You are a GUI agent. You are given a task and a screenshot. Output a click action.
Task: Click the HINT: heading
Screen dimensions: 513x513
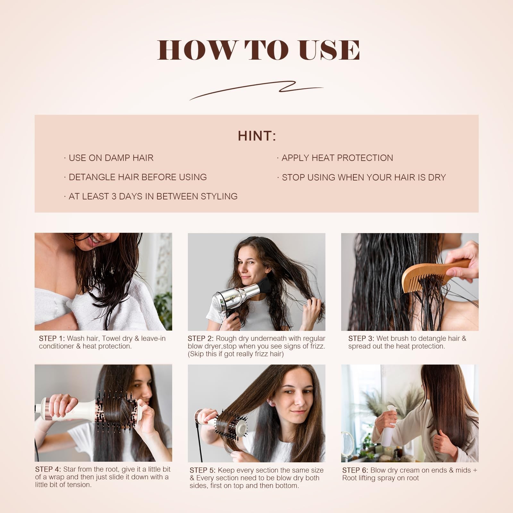(x=256, y=136)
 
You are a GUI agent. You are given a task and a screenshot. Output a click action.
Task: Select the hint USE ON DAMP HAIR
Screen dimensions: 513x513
(x=111, y=158)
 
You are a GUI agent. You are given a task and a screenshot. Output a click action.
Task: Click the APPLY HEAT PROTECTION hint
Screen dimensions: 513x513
(x=337, y=158)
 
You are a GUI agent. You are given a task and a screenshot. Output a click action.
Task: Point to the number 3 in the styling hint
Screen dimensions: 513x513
(x=114, y=196)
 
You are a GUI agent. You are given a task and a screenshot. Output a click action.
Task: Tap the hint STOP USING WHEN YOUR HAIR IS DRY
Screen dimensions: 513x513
(x=364, y=177)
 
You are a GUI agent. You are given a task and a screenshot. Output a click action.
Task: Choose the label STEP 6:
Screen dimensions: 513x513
(x=355, y=470)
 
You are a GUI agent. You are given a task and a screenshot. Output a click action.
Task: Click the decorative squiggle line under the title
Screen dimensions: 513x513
(x=256, y=90)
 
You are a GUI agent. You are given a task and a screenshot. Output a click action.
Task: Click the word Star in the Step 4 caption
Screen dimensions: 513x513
(x=70, y=469)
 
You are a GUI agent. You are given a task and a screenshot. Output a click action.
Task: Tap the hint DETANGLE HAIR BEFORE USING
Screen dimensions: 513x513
(x=138, y=177)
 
